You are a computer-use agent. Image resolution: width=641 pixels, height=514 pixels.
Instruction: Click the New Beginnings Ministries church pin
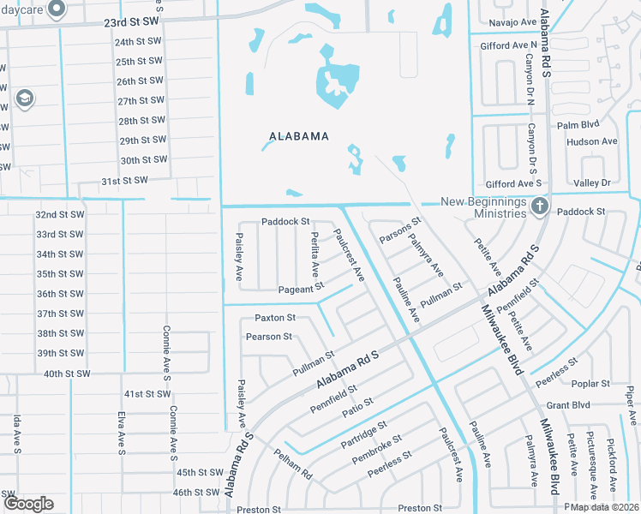coord(540,206)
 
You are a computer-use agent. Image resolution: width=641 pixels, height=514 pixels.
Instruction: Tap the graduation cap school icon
coord(24,99)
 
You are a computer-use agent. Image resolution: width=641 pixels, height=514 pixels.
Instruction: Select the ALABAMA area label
coord(299,136)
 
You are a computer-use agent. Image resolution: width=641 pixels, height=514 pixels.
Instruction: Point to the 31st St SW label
coord(124,181)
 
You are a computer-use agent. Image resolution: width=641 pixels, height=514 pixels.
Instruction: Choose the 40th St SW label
coord(67,374)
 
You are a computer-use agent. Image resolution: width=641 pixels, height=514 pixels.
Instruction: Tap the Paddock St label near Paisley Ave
coord(285,221)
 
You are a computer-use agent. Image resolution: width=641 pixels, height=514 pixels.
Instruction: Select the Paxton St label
coord(274,318)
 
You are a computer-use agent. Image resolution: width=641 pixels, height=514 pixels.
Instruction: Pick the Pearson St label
coord(269,337)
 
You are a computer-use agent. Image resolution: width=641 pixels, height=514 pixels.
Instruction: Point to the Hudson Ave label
coord(591,141)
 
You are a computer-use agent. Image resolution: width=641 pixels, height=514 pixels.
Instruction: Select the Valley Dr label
coord(592,183)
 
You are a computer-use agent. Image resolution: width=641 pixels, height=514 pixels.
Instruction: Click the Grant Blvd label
coord(568,404)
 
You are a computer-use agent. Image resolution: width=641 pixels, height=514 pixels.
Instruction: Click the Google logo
coord(28,504)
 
